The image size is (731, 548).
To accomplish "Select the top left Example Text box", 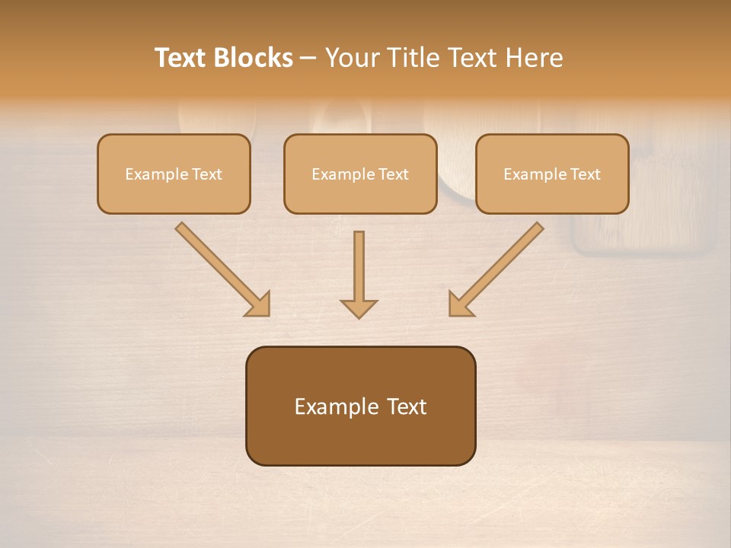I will (x=174, y=174).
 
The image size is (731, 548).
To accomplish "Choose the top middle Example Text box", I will (x=360, y=174).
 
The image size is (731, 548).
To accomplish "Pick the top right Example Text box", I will (x=552, y=174).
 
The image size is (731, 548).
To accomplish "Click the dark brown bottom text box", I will (x=360, y=406).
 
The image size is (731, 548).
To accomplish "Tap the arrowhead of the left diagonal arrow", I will (x=259, y=304).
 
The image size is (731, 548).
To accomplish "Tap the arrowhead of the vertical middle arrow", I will (x=359, y=308).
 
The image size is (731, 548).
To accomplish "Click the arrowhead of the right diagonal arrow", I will (x=460, y=304).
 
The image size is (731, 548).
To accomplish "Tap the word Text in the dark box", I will (x=407, y=406).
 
